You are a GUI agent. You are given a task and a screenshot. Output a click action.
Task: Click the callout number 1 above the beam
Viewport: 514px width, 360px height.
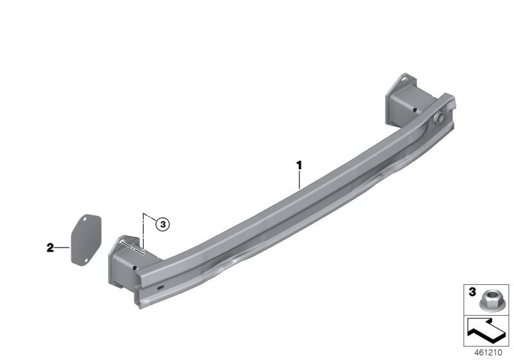pyautogui.click(x=299, y=165)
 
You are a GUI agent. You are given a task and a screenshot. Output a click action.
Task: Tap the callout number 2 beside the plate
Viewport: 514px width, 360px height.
pyautogui.click(x=50, y=248)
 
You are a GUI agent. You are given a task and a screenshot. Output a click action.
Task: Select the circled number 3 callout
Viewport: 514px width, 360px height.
pyautogui.click(x=163, y=224)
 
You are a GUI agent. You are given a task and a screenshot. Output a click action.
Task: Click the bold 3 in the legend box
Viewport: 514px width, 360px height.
pyautogui.click(x=472, y=291)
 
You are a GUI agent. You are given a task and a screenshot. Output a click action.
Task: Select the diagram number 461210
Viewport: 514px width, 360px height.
pyautogui.click(x=488, y=352)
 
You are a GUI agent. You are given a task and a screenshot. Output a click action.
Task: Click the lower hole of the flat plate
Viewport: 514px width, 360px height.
pyautogui.click(x=86, y=260)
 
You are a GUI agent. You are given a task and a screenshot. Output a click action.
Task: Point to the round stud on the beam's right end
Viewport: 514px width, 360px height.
pyautogui.click(x=439, y=118)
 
